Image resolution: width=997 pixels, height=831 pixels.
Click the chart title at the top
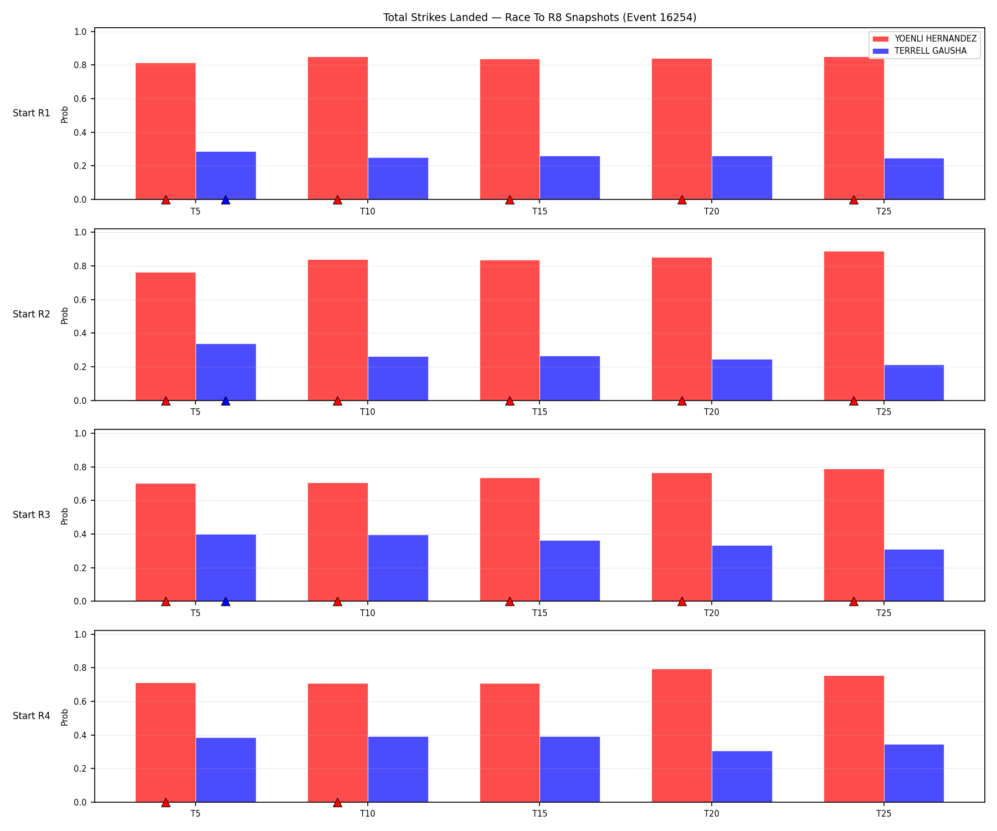tap(539, 18)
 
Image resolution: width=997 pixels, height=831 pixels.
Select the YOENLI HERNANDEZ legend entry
tap(924, 39)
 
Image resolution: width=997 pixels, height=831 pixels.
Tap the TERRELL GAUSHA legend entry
tap(919, 51)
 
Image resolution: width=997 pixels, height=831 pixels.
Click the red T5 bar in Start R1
tap(166, 131)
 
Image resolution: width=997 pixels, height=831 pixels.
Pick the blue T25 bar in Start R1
tap(914, 179)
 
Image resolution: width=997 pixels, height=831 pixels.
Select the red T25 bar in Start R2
tap(854, 326)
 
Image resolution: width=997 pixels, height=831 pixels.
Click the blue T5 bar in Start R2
tap(226, 372)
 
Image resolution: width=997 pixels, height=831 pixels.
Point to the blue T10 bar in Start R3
tap(398, 568)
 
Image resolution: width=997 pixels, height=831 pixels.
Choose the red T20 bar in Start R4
tap(682, 736)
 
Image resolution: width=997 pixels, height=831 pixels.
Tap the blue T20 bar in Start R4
tap(742, 777)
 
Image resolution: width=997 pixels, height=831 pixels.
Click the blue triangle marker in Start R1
tap(225, 200)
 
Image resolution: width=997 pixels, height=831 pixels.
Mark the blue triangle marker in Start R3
tap(225, 602)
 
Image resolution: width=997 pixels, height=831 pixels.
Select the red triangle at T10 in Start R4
tap(337, 803)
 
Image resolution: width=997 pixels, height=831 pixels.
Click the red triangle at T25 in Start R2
tap(854, 401)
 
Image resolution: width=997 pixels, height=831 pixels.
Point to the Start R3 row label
tap(32, 515)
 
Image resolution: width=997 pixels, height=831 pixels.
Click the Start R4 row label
tap(32, 716)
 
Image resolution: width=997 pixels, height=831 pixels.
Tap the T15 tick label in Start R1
tap(540, 211)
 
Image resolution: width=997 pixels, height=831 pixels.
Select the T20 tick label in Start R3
tap(712, 613)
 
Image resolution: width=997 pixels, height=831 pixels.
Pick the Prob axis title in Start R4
tap(65, 717)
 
